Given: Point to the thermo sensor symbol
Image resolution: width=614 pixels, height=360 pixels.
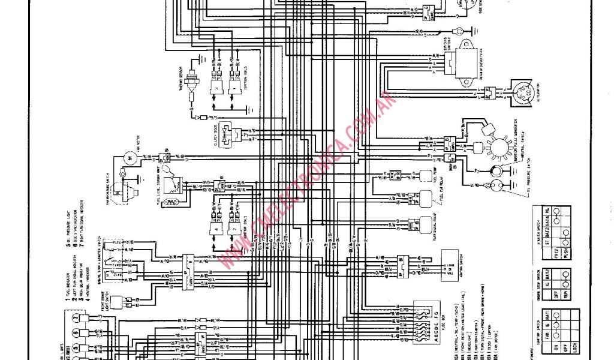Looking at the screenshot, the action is pyautogui.click(x=191, y=78).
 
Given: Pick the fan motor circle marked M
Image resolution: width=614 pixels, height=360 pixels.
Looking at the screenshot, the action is pyautogui.click(x=127, y=157).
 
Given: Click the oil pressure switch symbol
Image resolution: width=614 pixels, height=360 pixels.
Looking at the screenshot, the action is pyautogui.click(x=496, y=185).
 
